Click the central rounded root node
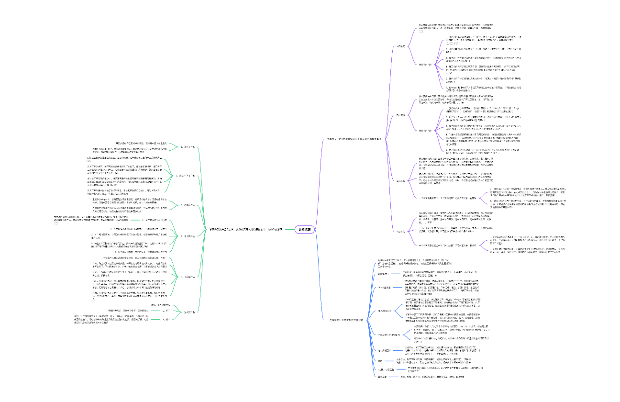click(x=304, y=229)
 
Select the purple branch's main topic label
click(x=354, y=139)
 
